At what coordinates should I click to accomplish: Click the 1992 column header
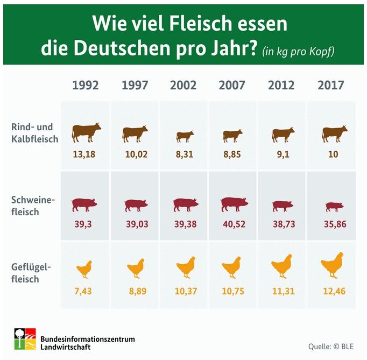tap(86, 85)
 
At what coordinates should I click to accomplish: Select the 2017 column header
tap(331, 85)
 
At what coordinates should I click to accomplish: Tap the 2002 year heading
tap(183, 85)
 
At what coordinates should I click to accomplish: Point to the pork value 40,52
tap(233, 223)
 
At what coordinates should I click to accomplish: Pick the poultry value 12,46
tap(331, 291)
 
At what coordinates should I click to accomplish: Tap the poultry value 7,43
tap(85, 291)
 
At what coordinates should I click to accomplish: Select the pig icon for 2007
tap(234, 204)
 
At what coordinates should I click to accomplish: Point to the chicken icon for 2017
tap(332, 265)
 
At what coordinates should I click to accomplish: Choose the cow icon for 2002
tap(185, 136)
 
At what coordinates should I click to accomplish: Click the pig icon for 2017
tap(334, 206)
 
